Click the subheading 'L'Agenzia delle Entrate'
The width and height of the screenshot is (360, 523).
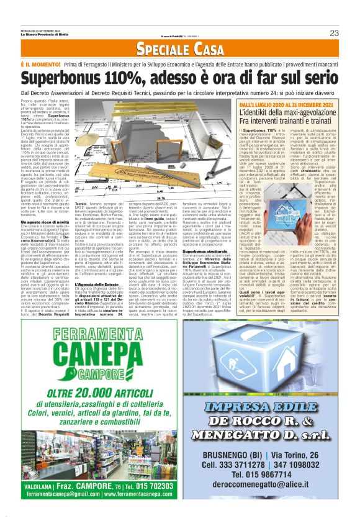click(x=99, y=284)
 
